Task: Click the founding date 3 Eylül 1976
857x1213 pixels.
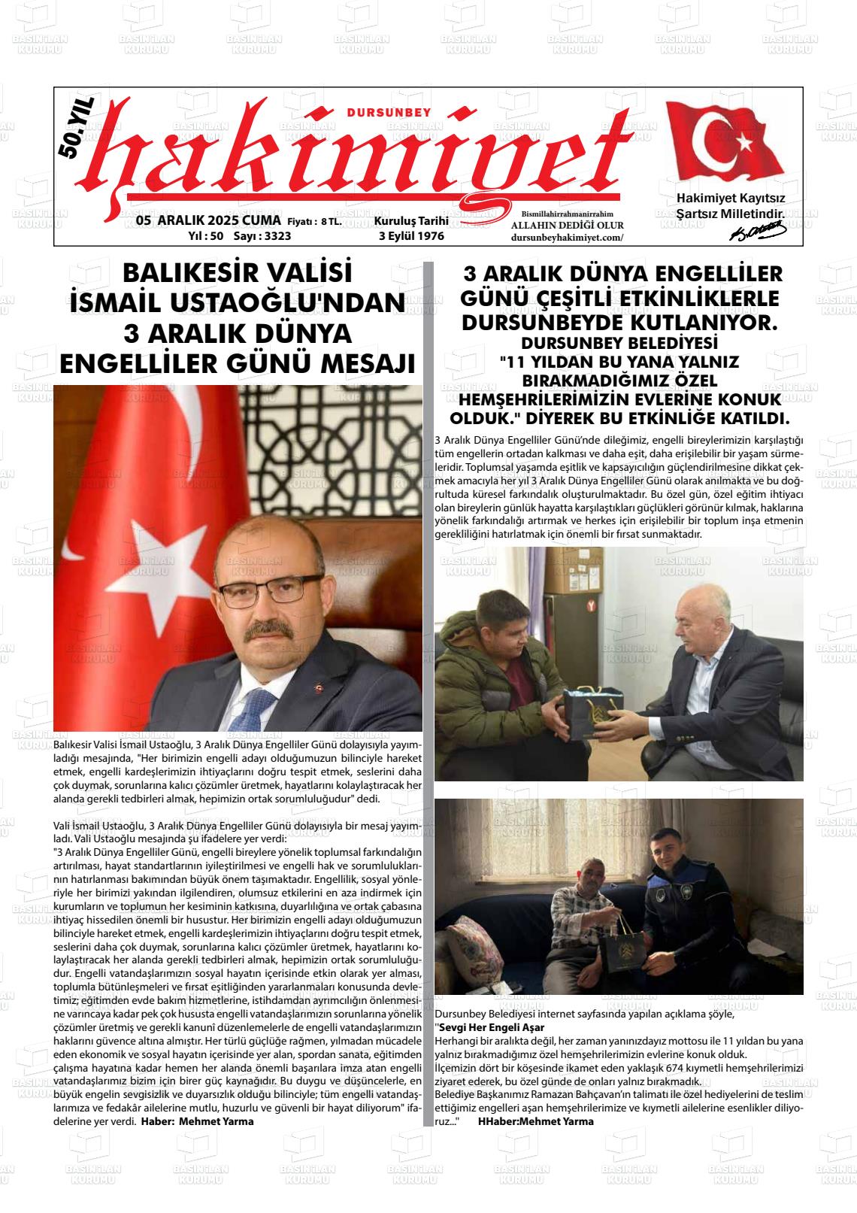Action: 411,236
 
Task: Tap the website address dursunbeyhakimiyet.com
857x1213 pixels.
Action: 567,238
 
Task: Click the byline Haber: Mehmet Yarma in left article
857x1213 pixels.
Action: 198,1121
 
